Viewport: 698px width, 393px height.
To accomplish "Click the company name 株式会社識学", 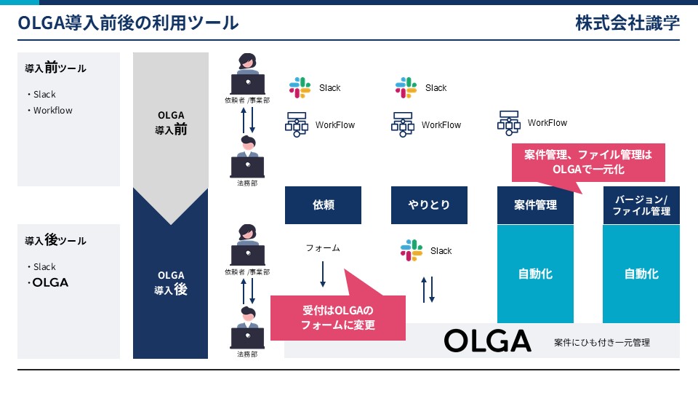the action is [x=627, y=23].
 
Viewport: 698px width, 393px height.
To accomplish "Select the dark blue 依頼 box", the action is [x=323, y=205].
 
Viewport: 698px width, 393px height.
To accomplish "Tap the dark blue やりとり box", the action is [x=429, y=205].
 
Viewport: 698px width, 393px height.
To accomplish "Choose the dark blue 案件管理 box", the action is [x=535, y=205].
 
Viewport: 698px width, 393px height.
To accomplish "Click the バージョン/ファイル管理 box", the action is [x=641, y=205].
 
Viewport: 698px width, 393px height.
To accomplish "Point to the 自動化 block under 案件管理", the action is [x=535, y=274].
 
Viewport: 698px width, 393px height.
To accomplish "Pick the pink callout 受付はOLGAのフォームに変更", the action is [x=338, y=318].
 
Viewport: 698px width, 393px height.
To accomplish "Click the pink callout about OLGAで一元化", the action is [x=588, y=162].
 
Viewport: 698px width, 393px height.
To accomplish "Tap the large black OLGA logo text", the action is [x=487, y=341].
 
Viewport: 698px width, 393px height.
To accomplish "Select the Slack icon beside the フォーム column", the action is [x=412, y=250].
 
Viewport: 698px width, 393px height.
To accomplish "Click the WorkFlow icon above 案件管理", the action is [x=509, y=123].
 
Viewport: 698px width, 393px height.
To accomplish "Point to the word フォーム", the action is [x=323, y=247].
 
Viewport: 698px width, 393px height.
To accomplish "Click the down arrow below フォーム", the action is [x=323, y=274].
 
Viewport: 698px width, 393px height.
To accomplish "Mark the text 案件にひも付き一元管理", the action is [x=602, y=342].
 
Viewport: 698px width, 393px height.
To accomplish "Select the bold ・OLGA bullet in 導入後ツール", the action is [x=48, y=282].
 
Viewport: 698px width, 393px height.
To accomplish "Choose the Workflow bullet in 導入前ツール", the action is [x=50, y=110].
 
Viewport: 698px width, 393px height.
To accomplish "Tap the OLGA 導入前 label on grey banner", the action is [x=171, y=122].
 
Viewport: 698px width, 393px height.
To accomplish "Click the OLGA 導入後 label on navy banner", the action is [x=171, y=283].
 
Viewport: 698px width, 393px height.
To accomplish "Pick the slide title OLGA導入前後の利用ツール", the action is [x=128, y=23].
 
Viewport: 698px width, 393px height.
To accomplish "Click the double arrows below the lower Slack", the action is [x=428, y=290].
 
